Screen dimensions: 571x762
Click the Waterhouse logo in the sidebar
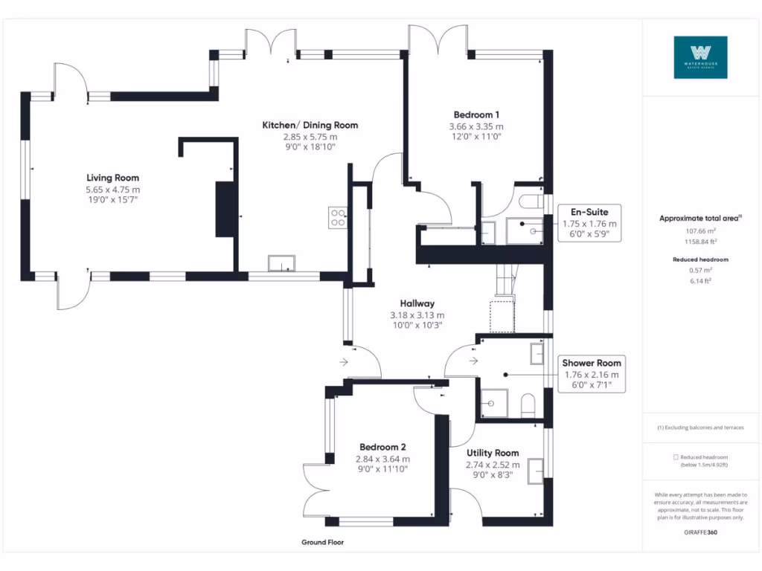click(x=700, y=57)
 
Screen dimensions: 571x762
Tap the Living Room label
click(x=112, y=178)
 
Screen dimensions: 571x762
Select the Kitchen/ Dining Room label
click(x=310, y=125)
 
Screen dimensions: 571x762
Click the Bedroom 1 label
click(x=476, y=114)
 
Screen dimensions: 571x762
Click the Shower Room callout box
click(x=592, y=374)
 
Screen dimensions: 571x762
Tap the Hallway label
click(x=417, y=303)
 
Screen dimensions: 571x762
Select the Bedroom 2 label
click(x=382, y=447)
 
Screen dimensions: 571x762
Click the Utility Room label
click(x=493, y=453)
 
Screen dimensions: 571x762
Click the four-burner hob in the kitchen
click(x=337, y=217)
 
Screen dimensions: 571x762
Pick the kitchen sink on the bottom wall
click(x=282, y=263)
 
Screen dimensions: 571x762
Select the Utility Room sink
click(x=535, y=471)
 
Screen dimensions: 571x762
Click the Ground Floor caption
click(x=322, y=543)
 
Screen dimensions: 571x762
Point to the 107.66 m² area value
click(x=699, y=231)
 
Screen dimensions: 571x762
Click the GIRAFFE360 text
click(x=699, y=533)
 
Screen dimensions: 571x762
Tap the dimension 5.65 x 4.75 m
click(x=112, y=190)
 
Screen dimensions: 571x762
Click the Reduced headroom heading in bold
click(x=699, y=259)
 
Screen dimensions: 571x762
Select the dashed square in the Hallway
click(x=502, y=317)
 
